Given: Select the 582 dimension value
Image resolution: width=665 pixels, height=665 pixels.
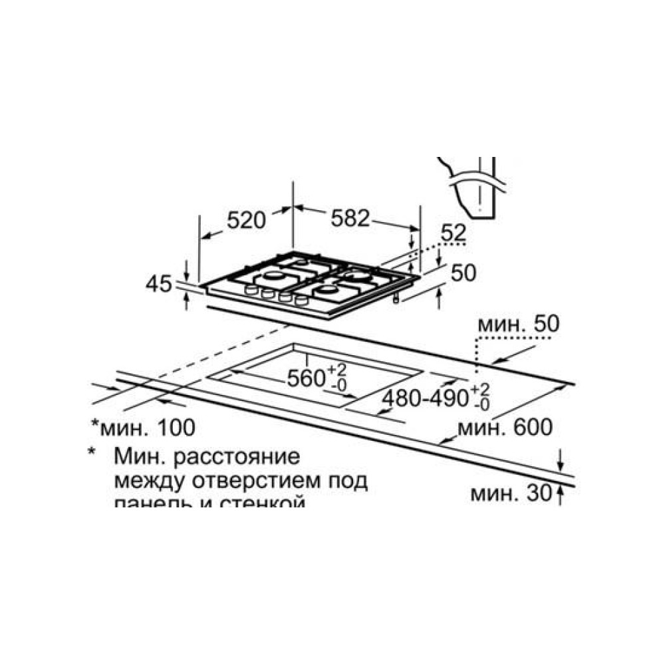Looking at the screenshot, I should pyautogui.click(x=349, y=217).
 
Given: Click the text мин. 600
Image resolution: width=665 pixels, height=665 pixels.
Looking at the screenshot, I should pyautogui.click(x=509, y=428).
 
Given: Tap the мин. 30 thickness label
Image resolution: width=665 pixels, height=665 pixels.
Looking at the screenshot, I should pyautogui.click(x=511, y=494).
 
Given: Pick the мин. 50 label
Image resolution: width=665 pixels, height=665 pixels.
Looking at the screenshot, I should pyautogui.click(x=518, y=324).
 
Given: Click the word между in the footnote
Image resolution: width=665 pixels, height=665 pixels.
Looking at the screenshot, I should pyautogui.click(x=145, y=480).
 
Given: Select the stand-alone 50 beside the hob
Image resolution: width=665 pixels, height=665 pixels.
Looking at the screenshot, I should pyautogui.click(x=464, y=273).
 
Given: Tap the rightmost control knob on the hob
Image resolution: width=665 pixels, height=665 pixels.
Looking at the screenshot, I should pyautogui.click(x=301, y=301).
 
